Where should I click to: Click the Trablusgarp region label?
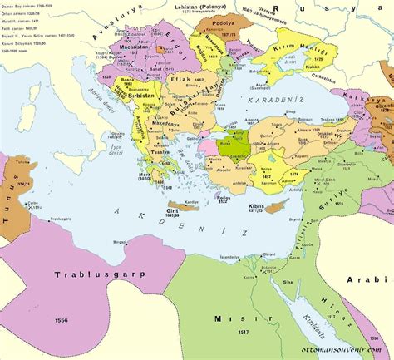click(x=92, y=274)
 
